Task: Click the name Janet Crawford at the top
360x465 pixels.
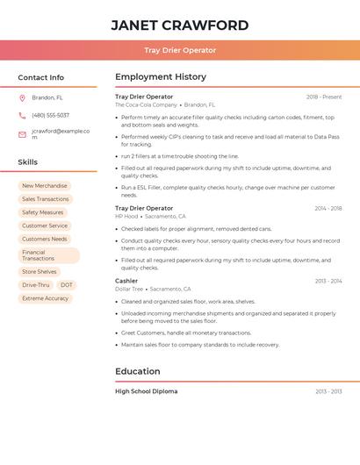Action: pyautogui.click(x=180, y=25)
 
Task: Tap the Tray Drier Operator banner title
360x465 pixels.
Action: pyautogui.click(x=180, y=50)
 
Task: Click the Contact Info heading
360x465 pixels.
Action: pyautogui.click(x=40, y=77)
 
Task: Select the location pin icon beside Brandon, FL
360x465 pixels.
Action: pyautogui.click(x=22, y=97)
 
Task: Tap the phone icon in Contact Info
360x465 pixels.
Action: pyautogui.click(x=22, y=115)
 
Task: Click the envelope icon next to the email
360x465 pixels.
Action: pyautogui.click(x=22, y=134)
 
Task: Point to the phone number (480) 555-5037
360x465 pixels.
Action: pyautogui.click(x=50, y=115)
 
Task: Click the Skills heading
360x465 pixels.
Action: pyautogui.click(x=28, y=162)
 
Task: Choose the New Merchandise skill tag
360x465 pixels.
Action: pyautogui.click(x=44, y=186)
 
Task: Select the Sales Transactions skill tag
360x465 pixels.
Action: pyautogui.click(x=46, y=199)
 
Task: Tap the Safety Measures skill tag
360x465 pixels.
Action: pyautogui.click(x=43, y=212)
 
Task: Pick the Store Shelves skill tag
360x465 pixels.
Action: pyautogui.click(x=40, y=272)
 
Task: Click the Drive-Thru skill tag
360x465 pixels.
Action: pyautogui.click(x=36, y=285)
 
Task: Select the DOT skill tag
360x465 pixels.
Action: pyautogui.click(x=67, y=285)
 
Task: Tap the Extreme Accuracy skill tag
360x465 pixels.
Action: pyautogui.click(x=45, y=298)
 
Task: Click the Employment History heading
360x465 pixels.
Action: pyautogui.click(x=161, y=77)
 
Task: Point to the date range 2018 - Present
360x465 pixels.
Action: pyautogui.click(x=324, y=97)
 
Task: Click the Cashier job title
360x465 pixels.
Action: pyautogui.click(x=126, y=281)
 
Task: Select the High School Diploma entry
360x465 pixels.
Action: pyautogui.click(x=147, y=391)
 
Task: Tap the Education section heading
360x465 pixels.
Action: pyautogui.click(x=138, y=371)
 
